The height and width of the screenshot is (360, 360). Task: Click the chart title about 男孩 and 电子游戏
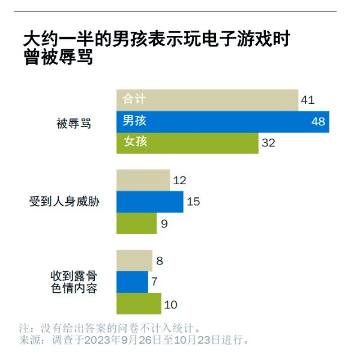pos(156,49)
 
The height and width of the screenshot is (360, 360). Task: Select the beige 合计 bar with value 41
pos(207,100)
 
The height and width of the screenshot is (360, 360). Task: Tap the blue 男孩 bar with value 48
pos(222,121)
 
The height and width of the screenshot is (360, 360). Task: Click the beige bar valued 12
pos(142,180)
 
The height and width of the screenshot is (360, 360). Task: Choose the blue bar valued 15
pos(149,202)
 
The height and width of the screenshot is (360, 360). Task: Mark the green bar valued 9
pos(136,223)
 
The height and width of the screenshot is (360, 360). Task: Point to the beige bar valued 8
pos(134,260)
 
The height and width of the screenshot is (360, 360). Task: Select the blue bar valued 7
pos(132,282)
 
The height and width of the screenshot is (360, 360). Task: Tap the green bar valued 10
pos(139,304)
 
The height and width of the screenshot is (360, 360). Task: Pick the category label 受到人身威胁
pos(64,202)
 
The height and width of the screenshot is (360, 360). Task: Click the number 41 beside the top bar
pos(307,100)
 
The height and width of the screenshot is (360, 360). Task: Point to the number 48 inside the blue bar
pos(318,122)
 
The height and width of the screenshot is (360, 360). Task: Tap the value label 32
pos(268,143)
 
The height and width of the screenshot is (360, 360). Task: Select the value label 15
pos(193,202)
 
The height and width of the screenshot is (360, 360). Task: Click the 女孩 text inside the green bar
pos(135,142)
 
